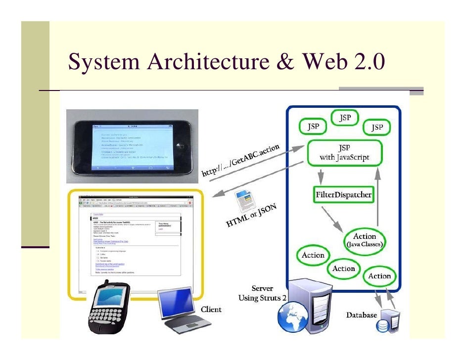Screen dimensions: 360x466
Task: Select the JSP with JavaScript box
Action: (344, 153)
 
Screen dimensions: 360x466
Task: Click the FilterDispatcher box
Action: (343, 195)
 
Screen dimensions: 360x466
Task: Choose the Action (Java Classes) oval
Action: (365, 240)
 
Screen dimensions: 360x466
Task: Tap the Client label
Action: (211, 310)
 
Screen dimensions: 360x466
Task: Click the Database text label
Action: (361, 315)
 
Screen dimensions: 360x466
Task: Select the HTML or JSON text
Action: (251, 216)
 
